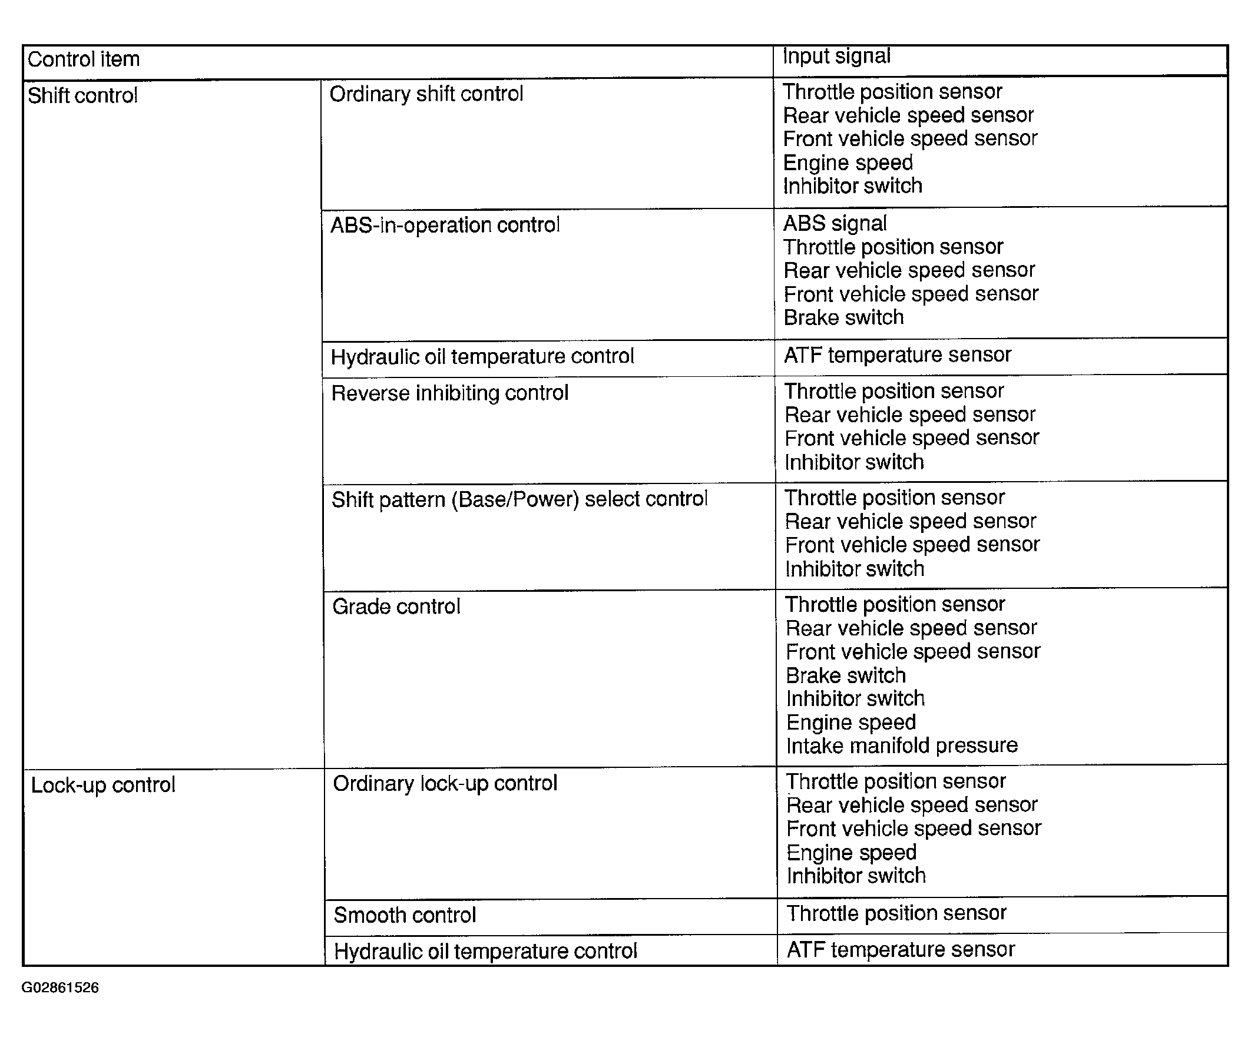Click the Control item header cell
tap(84, 59)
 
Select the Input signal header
tap(836, 56)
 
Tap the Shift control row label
tap(82, 95)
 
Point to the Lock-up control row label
tap(103, 785)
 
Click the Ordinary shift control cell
tap(426, 94)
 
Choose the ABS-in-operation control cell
tap(445, 225)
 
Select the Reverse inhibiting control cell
tap(450, 393)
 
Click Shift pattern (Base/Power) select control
tap(519, 499)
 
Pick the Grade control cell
tap(396, 607)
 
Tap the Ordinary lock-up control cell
tap(445, 783)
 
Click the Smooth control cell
tap(405, 915)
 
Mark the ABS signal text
tap(835, 223)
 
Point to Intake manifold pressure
tap(902, 746)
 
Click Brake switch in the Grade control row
tap(846, 675)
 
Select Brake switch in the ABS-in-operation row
tap(843, 317)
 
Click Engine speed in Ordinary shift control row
tap(848, 163)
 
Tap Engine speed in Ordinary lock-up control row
tap(851, 852)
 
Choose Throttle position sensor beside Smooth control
tap(896, 913)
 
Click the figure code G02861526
tap(60, 988)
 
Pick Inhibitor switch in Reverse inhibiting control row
tap(854, 462)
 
